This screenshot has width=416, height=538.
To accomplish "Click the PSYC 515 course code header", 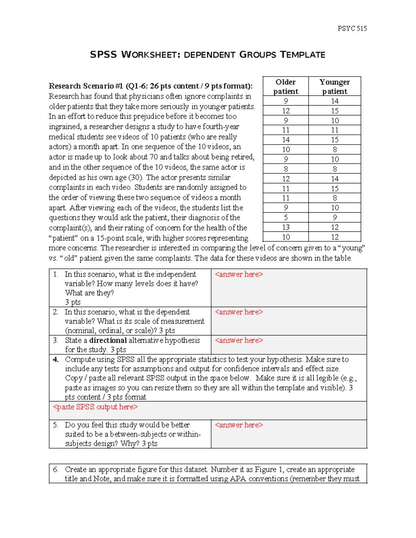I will [x=352, y=29].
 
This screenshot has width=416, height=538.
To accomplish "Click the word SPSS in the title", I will [x=103, y=55].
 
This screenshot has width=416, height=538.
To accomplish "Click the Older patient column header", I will [x=286, y=87].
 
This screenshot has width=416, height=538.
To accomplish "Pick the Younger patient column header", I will [x=335, y=87].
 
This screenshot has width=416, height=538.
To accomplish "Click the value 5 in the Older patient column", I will [x=286, y=218].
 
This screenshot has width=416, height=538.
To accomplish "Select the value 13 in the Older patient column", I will [x=286, y=227].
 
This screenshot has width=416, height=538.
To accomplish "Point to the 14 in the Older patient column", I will [x=286, y=140].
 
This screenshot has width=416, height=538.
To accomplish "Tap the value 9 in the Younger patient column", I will [x=335, y=218].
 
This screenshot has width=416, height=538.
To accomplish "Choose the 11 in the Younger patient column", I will [x=335, y=130].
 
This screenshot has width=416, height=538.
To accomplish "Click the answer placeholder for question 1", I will [x=239, y=274].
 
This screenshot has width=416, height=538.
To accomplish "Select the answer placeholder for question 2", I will [x=239, y=312].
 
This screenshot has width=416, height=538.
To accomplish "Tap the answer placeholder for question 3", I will [x=239, y=341].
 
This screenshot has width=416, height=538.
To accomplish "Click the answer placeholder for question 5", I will [x=239, y=425].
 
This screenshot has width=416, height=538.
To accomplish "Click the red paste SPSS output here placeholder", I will [x=95, y=407].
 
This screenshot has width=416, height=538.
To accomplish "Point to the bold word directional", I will [x=108, y=341].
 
